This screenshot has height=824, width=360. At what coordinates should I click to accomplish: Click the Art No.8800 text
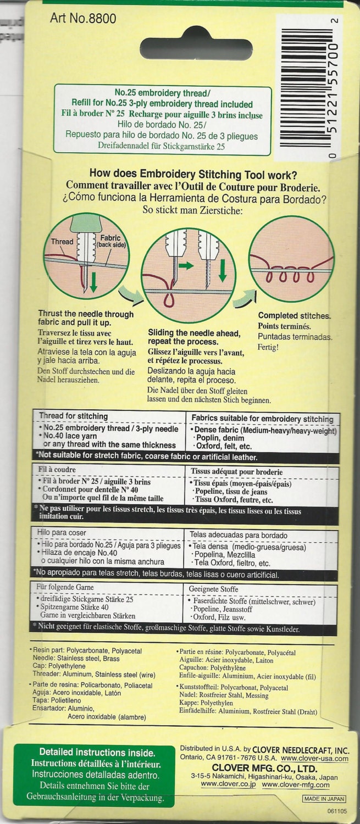(x=83, y=18)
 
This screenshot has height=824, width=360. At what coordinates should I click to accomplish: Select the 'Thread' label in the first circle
(x=62, y=242)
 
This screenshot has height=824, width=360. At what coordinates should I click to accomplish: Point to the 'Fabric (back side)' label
(x=111, y=241)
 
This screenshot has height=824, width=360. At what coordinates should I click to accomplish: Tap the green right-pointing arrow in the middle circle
(x=186, y=265)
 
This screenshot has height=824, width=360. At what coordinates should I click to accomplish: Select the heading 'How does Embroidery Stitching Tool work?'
(x=193, y=174)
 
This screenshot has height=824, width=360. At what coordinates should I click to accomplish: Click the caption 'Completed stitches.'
(x=294, y=316)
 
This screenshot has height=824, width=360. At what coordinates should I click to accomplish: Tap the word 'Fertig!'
(x=268, y=347)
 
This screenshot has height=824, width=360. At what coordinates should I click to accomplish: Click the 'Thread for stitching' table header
(x=73, y=416)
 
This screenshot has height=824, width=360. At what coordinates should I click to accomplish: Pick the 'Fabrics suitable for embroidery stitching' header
(x=262, y=419)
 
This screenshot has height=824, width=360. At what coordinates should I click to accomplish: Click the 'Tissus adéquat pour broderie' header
(x=237, y=471)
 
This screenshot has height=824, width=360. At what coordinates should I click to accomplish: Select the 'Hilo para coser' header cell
(x=62, y=532)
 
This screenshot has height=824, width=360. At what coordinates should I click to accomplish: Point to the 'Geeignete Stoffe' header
(x=213, y=589)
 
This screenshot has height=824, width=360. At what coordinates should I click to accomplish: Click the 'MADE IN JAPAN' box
(x=324, y=799)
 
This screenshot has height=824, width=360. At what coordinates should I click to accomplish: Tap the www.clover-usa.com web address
(x=315, y=758)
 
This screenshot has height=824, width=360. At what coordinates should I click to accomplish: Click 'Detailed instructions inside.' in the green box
(x=97, y=752)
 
